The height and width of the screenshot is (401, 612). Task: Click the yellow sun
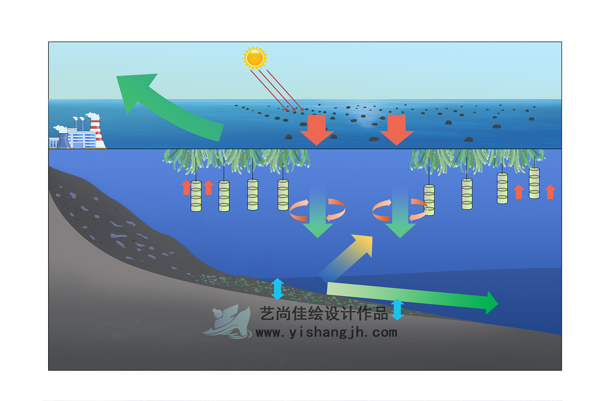pyautogui.click(x=255, y=58)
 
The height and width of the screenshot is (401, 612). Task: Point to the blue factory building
pyautogui.click(x=82, y=139)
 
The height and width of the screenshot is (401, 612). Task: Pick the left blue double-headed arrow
pyautogui.click(x=277, y=289)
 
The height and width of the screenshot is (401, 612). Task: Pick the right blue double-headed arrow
pyautogui.click(x=397, y=309)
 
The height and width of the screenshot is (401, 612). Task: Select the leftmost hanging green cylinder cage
pyautogui.click(x=196, y=196)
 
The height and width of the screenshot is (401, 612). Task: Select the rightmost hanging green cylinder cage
pyautogui.click(x=534, y=183)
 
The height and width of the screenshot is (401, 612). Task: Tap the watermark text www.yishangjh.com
pyautogui.click(x=326, y=333)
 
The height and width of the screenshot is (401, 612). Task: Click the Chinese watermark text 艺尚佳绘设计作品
pyautogui.click(x=324, y=314)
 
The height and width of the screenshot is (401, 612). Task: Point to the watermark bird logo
pyautogui.click(x=229, y=322)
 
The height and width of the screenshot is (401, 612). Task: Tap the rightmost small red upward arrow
pyautogui.click(x=550, y=192)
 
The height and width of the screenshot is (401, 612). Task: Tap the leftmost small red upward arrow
pyautogui.click(x=186, y=187)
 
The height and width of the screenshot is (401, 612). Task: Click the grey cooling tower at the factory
pyautogui.click(x=63, y=140)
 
